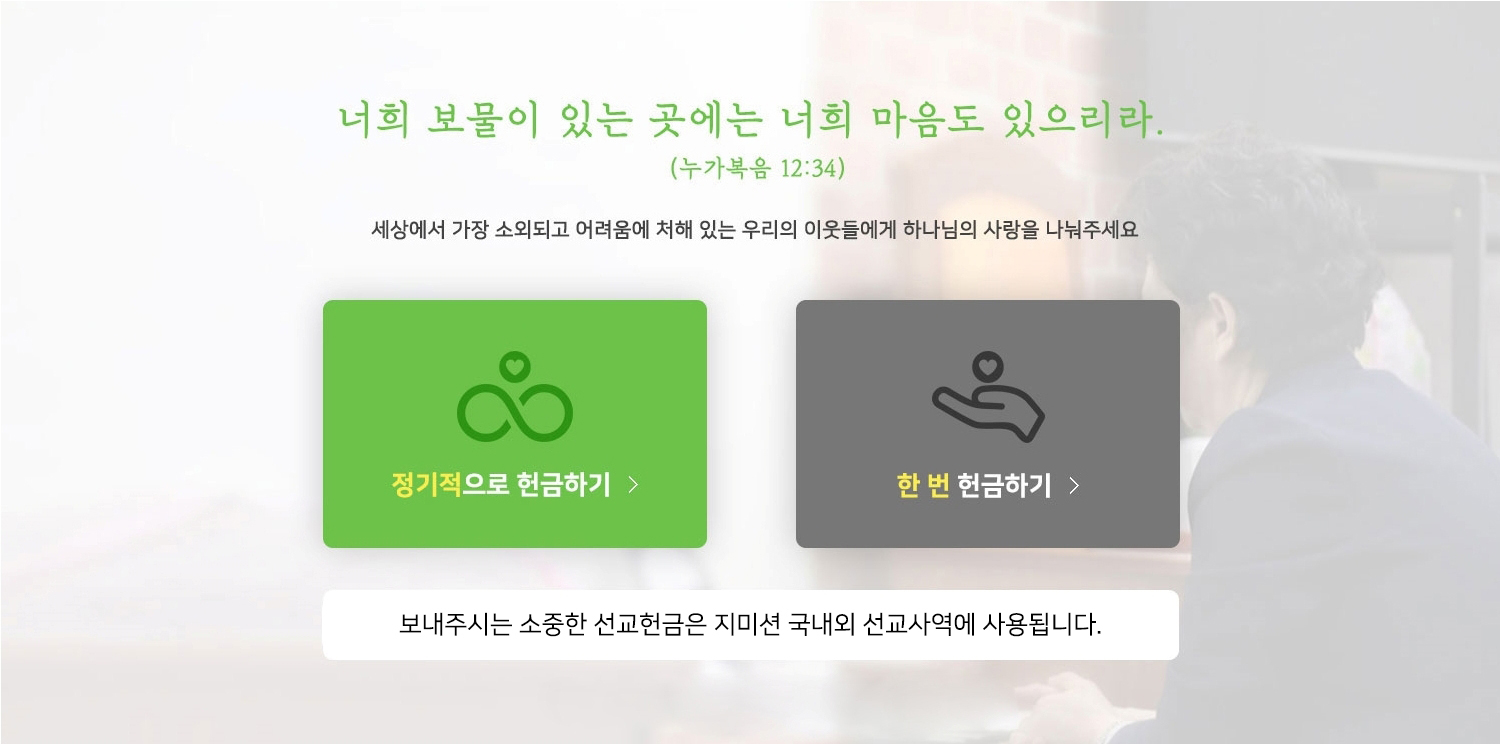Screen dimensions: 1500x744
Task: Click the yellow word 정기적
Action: [x=426, y=484]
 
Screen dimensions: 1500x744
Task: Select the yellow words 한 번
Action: [x=923, y=485]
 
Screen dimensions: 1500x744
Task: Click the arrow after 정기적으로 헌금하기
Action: [x=633, y=484]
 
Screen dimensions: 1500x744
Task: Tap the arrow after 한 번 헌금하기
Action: [x=1074, y=486]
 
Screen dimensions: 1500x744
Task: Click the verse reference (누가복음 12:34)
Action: [x=757, y=167]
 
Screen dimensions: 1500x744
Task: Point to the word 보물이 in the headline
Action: [x=482, y=120]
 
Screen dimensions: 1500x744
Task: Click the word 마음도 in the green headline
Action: [x=927, y=120]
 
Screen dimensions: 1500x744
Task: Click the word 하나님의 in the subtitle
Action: [x=940, y=230]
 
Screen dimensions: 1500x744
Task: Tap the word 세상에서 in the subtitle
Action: [x=408, y=230]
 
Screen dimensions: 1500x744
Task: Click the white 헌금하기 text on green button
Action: [x=563, y=484]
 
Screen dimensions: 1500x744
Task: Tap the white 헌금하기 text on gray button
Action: [x=1004, y=485]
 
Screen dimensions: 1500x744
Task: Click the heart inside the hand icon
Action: [x=988, y=367]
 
